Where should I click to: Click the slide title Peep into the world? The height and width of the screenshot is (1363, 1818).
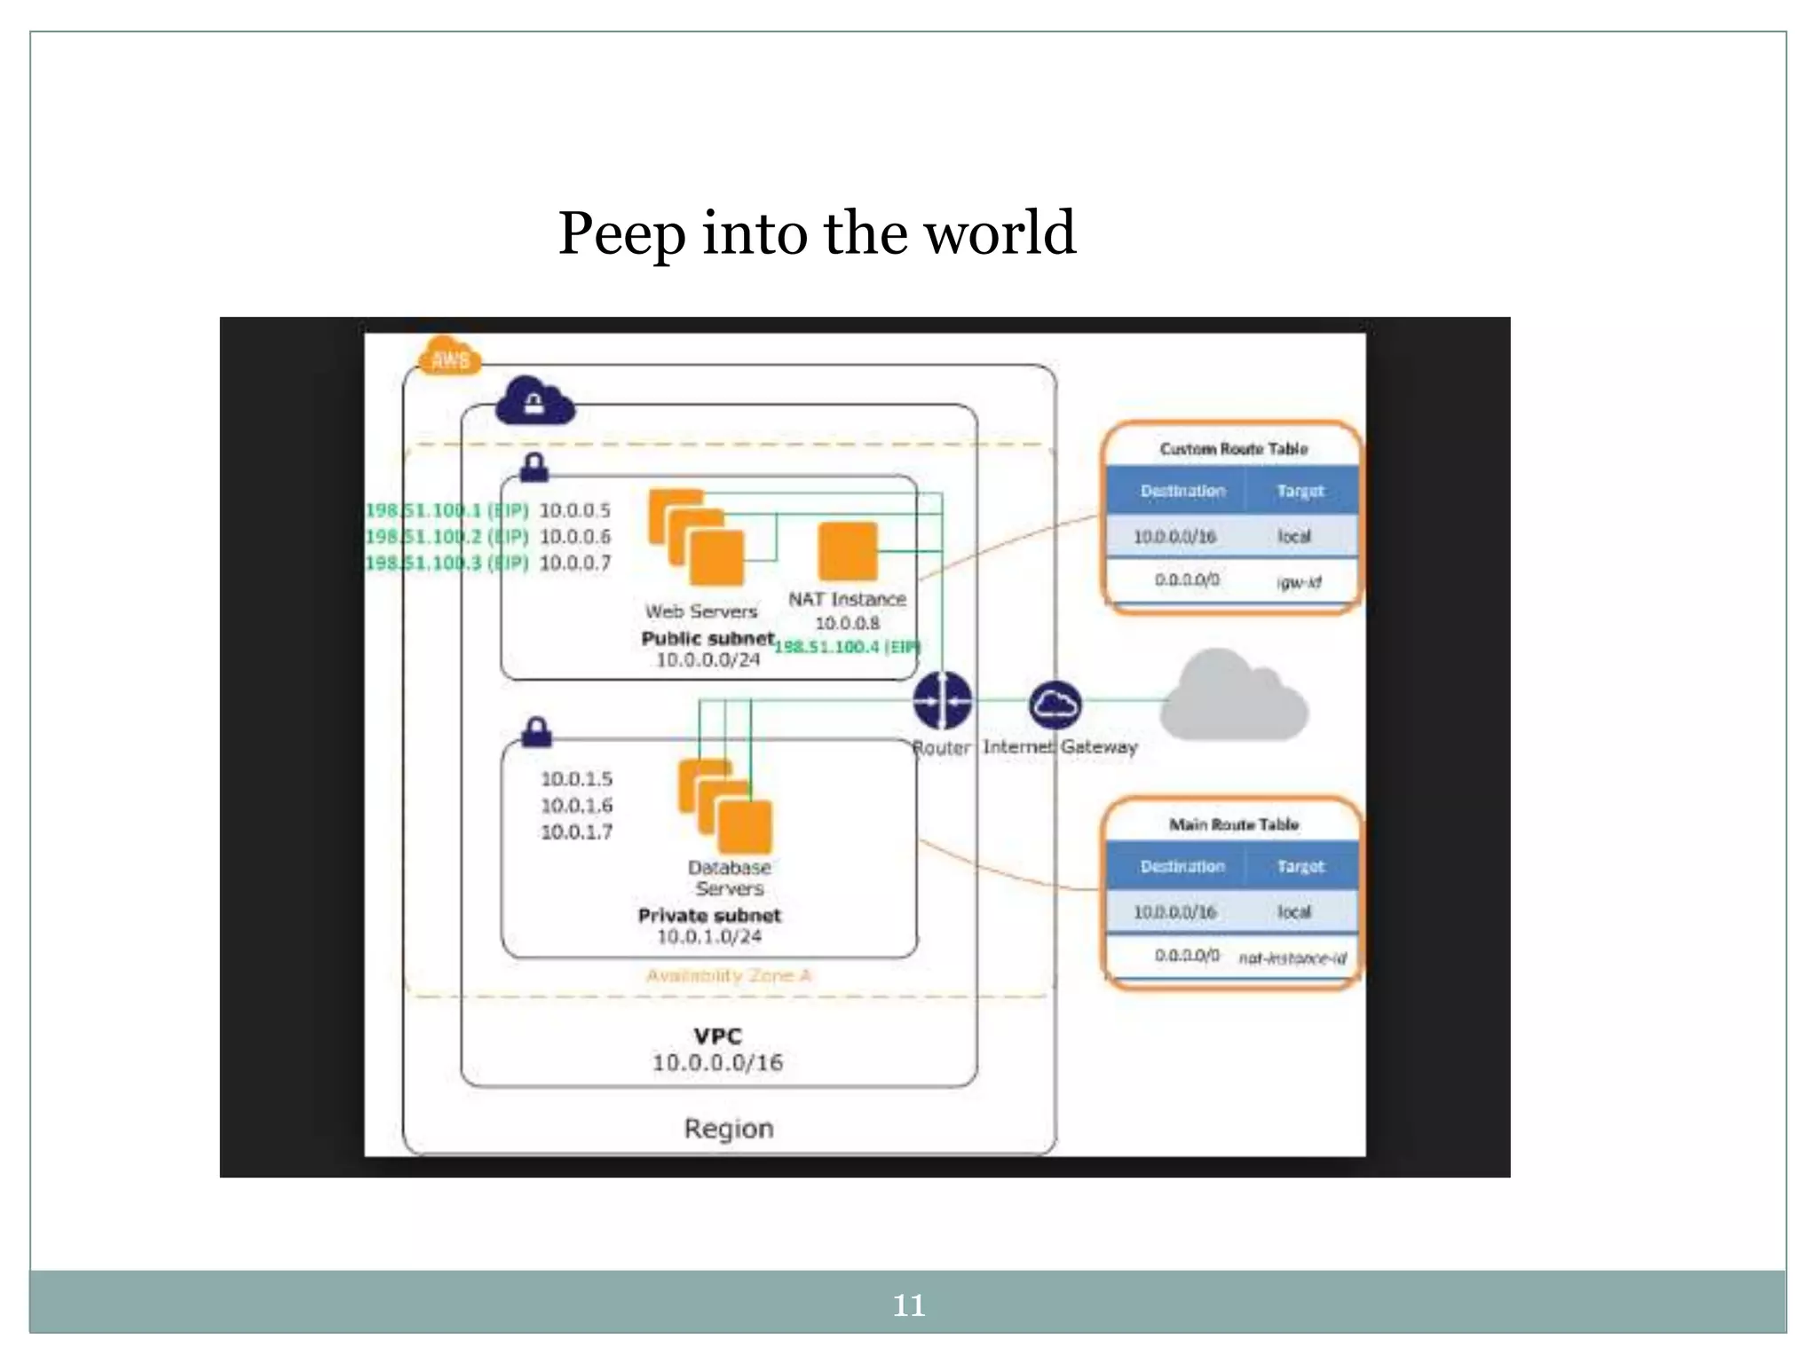tap(817, 233)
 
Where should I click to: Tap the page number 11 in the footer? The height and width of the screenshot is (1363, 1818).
tap(908, 1305)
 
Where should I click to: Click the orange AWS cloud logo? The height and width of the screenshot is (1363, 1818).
tap(450, 357)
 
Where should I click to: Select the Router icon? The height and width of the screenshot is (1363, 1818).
tap(942, 700)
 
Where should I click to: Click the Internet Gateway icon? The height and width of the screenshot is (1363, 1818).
tap(1055, 705)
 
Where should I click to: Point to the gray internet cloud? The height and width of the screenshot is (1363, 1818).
tap(1234, 697)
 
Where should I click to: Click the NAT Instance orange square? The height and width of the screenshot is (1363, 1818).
tap(848, 551)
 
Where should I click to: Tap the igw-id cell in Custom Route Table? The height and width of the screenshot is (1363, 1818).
tap(1299, 582)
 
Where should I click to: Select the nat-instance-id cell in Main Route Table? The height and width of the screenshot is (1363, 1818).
tap(1292, 958)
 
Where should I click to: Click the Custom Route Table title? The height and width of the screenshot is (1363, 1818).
tap(1233, 449)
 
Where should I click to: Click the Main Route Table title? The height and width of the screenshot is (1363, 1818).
tap(1233, 824)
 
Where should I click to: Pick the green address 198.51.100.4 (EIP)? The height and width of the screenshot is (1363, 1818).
tap(847, 647)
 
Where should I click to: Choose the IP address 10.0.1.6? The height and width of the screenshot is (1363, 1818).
tap(576, 806)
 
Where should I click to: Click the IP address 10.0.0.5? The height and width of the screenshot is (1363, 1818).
tap(575, 510)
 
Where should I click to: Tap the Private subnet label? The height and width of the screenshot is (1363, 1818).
tap(709, 915)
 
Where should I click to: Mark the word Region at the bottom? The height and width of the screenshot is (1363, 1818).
tap(728, 1129)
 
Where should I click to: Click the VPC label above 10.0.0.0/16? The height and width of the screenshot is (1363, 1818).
tap(717, 1036)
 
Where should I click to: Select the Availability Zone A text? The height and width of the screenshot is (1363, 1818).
tap(728, 976)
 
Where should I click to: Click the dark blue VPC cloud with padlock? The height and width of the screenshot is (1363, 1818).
tap(534, 402)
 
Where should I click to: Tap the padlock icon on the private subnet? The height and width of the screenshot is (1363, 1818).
tap(536, 732)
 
